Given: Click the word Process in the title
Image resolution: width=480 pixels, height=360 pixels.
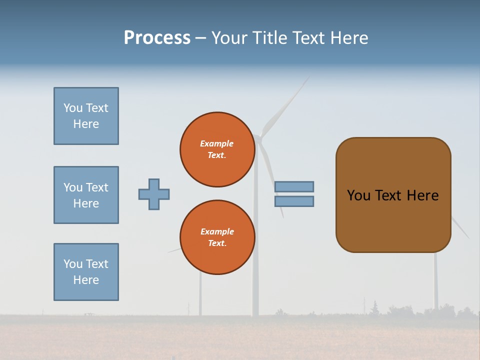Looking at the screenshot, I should [x=157, y=38].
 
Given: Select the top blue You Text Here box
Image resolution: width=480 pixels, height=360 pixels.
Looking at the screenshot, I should [x=86, y=116].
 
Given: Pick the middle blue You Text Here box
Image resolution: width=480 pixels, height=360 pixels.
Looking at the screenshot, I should [x=86, y=195].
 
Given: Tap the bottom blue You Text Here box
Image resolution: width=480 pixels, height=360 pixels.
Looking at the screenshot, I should [x=86, y=272].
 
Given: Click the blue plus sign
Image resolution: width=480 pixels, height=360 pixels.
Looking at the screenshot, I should [x=154, y=194].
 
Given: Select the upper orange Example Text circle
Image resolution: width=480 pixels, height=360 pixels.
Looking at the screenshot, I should [x=217, y=149].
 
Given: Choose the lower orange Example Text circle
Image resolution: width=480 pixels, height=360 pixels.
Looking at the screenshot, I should [x=217, y=237].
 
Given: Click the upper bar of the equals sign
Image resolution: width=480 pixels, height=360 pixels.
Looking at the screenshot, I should [x=294, y=186].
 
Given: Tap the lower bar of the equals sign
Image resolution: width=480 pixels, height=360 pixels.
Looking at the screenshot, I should [x=294, y=201].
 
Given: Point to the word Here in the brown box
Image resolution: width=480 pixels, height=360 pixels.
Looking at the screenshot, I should [x=422, y=195].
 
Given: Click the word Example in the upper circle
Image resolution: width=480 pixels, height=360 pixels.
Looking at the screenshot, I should [x=216, y=143].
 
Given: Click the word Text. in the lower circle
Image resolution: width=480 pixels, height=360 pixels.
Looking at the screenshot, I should [x=217, y=243].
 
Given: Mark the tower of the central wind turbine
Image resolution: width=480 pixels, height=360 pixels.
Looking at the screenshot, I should [x=255, y=280].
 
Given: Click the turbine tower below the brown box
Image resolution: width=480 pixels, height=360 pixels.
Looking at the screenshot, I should [x=435, y=280].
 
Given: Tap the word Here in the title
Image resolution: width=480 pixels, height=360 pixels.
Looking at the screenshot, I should [x=348, y=38].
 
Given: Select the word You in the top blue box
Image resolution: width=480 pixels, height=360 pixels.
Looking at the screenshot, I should [x=73, y=108].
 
